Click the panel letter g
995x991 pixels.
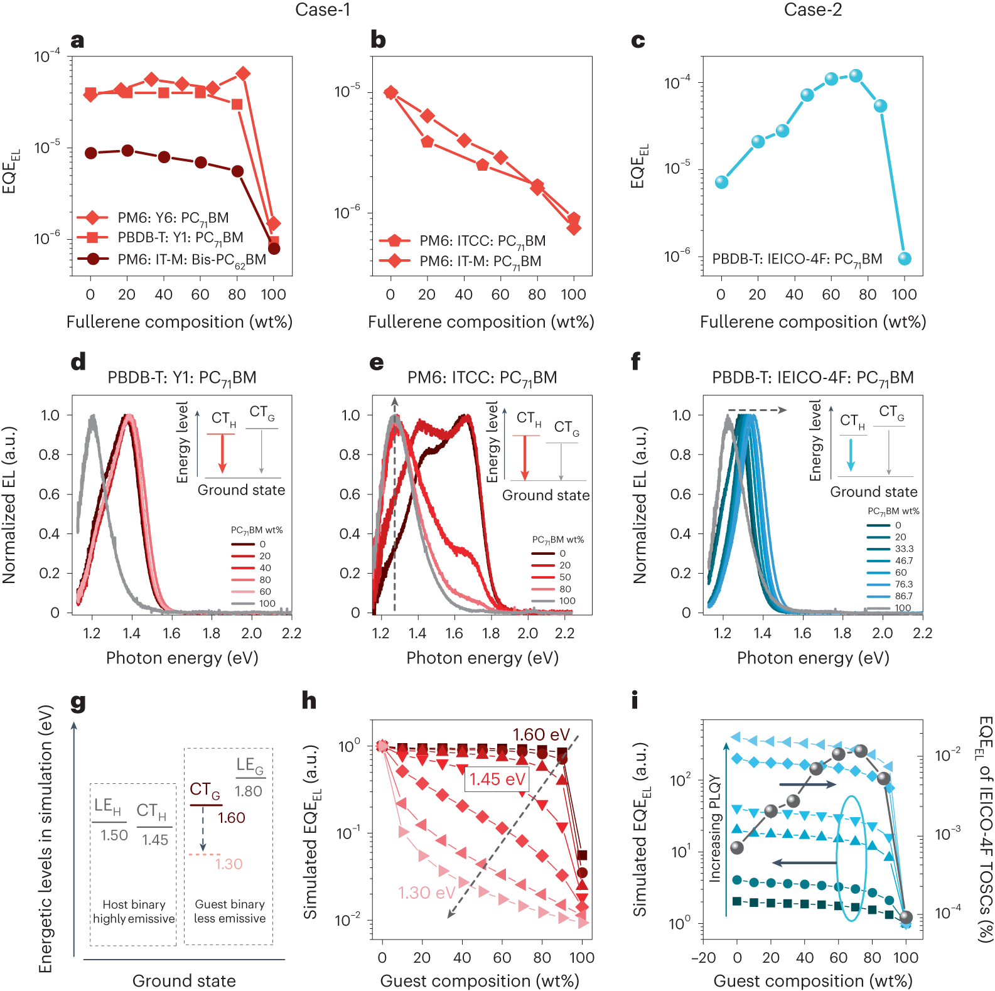tap(78, 702)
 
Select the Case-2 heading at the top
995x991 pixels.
tap(812, 10)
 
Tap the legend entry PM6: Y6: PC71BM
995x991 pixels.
tap(173, 218)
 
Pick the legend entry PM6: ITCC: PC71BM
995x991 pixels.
tap(482, 241)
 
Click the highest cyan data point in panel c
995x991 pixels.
tap(856, 76)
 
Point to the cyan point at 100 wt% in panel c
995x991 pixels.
tap(904, 259)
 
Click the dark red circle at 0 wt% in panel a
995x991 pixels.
tap(91, 153)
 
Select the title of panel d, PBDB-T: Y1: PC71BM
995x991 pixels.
tap(182, 378)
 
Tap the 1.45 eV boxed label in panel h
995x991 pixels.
tap(497, 779)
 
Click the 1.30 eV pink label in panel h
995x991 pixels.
tap(426, 892)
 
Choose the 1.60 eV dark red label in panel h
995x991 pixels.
tap(541, 734)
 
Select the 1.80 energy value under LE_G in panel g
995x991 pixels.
tap(248, 791)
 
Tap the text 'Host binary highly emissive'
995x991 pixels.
tap(134, 911)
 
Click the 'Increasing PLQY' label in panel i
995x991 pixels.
tap(714, 828)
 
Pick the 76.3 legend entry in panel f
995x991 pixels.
tap(904, 584)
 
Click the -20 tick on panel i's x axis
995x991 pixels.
tap(703, 958)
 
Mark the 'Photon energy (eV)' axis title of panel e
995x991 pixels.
tap(482, 658)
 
